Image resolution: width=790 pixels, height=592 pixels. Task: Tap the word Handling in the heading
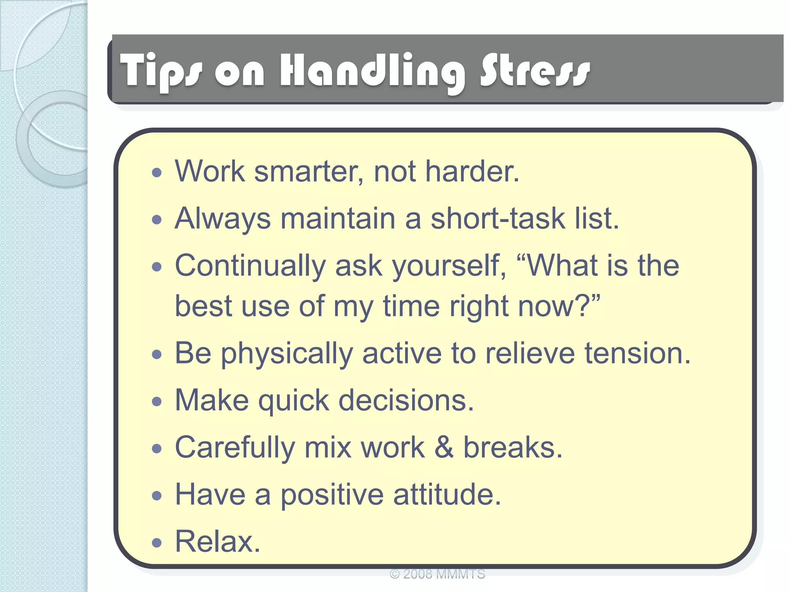[x=373, y=71]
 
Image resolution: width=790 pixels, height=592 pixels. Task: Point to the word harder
[x=472, y=171]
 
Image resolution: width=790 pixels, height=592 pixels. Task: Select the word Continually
[x=251, y=266]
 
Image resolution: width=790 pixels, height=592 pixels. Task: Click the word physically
[x=287, y=353]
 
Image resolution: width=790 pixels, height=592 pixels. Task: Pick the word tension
[x=637, y=353]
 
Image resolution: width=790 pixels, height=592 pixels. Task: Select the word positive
[x=332, y=495]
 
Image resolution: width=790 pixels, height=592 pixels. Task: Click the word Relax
[x=218, y=542]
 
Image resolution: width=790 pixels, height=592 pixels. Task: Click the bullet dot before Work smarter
[x=157, y=173]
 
